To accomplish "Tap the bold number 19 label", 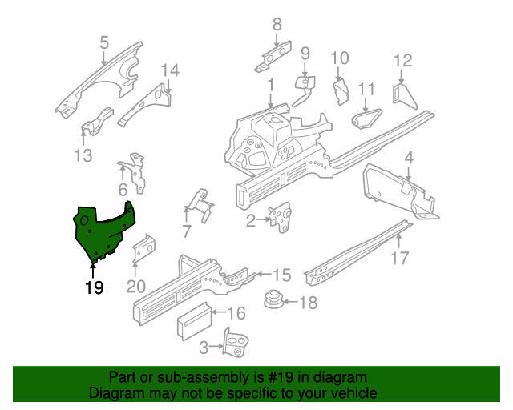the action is click(95, 287).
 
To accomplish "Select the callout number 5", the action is click(103, 43).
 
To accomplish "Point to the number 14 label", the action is click(171, 70).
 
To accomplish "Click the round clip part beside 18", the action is click(273, 299).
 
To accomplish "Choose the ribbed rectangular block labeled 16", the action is click(194, 321).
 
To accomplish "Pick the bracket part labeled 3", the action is click(236, 342).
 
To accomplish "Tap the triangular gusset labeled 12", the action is click(405, 97).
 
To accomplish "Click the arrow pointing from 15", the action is click(264, 274).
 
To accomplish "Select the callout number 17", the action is click(400, 259).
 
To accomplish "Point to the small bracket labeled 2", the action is click(280, 217).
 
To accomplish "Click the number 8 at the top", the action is click(277, 24).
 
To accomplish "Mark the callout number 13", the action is click(83, 155).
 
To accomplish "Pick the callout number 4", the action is click(409, 159).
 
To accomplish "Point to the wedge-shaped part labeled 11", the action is click(366, 119).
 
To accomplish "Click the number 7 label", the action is click(186, 231).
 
